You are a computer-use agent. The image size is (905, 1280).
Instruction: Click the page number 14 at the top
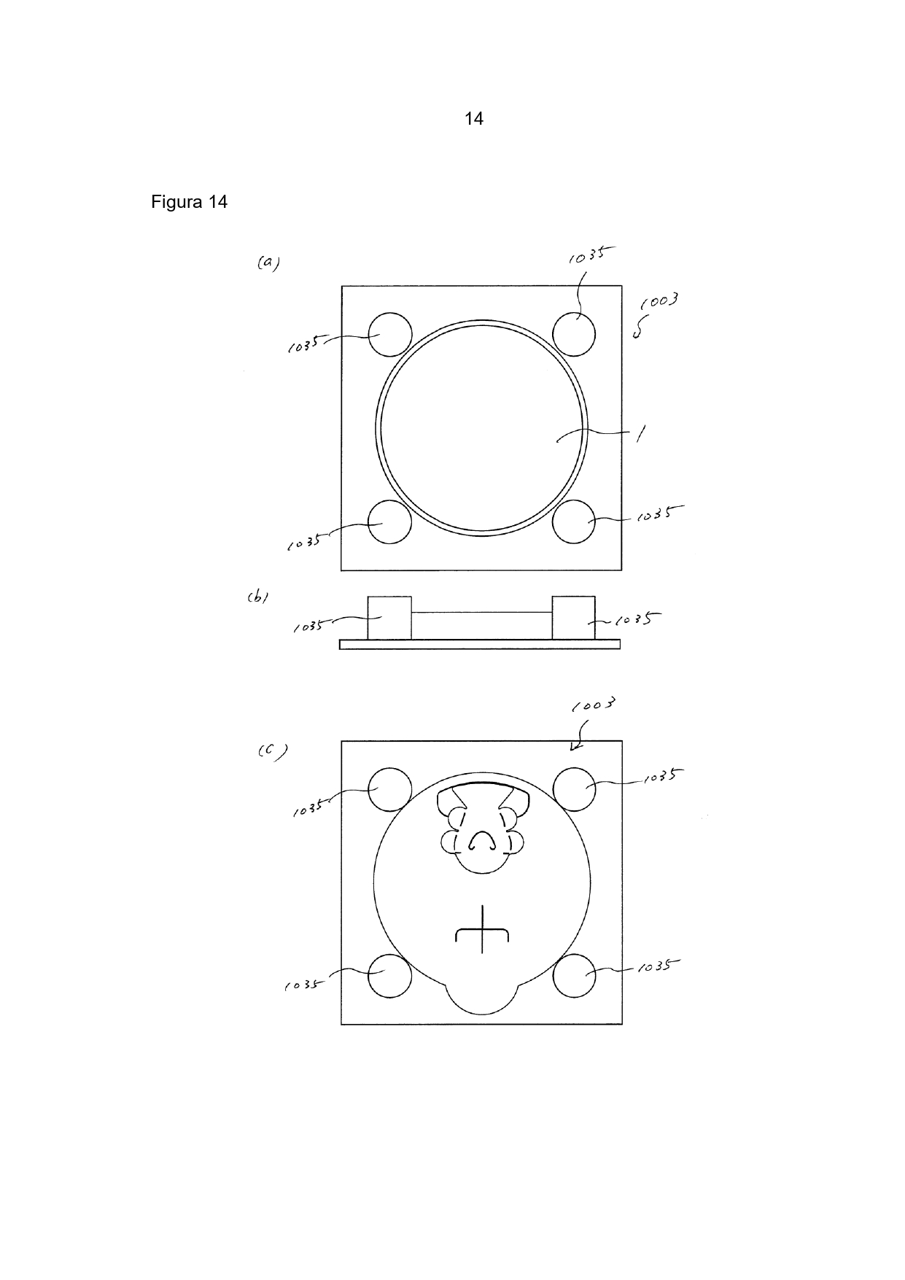[474, 119]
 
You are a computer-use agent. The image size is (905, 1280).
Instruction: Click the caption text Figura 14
[190, 202]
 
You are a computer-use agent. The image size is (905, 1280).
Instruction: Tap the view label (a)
[268, 263]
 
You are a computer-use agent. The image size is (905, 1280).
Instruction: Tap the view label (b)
[257, 598]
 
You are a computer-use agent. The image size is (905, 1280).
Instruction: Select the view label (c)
[272, 751]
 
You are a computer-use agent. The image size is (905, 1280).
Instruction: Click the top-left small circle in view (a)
[389, 334]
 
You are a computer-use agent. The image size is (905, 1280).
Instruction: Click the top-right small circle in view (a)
[574, 334]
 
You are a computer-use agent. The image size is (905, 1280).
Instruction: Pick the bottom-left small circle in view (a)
[389, 521]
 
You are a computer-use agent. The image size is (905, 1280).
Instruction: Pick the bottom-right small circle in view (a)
[574, 521]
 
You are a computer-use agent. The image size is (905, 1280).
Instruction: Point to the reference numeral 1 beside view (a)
[640, 435]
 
